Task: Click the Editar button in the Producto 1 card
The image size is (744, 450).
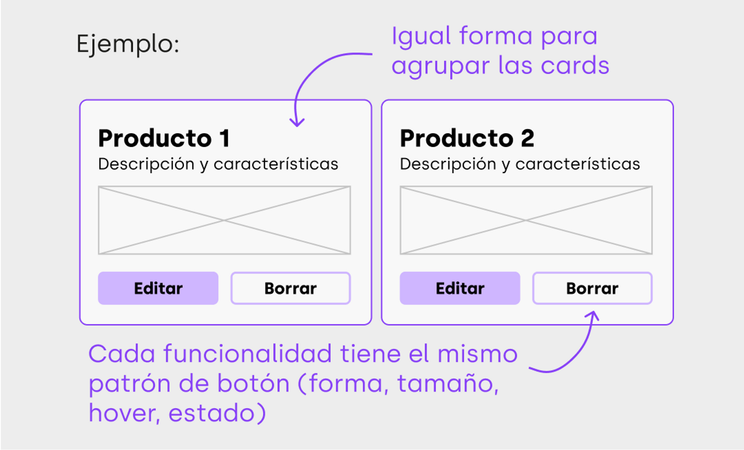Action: tap(158, 288)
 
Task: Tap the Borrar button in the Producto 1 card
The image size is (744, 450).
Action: tap(291, 288)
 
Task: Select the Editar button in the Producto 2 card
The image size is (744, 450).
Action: tap(460, 288)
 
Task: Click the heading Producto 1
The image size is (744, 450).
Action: tap(164, 138)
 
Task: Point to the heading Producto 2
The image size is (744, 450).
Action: tap(467, 138)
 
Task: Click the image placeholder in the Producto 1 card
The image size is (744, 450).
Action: tap(224, 220)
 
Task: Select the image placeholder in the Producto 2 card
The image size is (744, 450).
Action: tap(526, 220)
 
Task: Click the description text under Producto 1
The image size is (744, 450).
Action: tap(218, 164)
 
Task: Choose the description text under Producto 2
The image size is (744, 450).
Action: tap(520, 164)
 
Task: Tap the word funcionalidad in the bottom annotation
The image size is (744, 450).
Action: tap(247, 354)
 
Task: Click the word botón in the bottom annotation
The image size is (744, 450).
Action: tap(253, 383)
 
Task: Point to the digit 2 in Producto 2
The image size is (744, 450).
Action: tap(527, 138)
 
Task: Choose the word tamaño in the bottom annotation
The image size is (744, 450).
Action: tap(448, 383)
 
